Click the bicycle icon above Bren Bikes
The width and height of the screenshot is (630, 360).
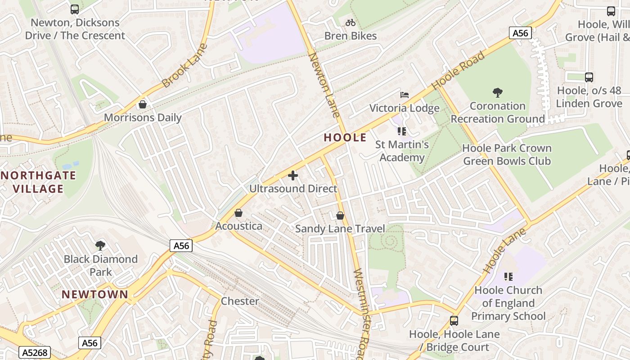[x=351, y=22]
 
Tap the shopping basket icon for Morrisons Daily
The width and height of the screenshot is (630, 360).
[x=143, y=104]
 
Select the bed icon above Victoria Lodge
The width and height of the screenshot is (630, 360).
[x=405, y=95]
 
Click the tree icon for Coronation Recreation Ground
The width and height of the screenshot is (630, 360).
[x=497, y=93]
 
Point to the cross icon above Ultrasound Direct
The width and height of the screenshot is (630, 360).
[x=293, y=175]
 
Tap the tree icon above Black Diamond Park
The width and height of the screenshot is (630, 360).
[x=100, y=246]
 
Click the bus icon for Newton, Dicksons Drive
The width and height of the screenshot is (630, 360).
[x=75, y=9]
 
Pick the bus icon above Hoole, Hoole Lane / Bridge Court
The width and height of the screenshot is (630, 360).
[x=454, y=321]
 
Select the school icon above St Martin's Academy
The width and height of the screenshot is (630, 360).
[x=402, y=131]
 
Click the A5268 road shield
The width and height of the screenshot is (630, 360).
[x=35, y=352]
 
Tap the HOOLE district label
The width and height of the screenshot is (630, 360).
[x=345, y=138]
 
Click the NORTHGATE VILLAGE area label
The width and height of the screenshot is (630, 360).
[x=38, y=182]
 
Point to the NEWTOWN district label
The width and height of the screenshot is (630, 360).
[x=95, y=294]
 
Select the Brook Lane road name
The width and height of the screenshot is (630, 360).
[x=184, y=66]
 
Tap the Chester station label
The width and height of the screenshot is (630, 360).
[x=240, y=301]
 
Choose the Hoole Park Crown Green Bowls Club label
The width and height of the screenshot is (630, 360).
[x=507, y=154]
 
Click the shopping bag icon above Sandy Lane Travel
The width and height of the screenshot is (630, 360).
[x=340, y=216]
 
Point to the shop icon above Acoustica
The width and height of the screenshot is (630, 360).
[x=238, y=213]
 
